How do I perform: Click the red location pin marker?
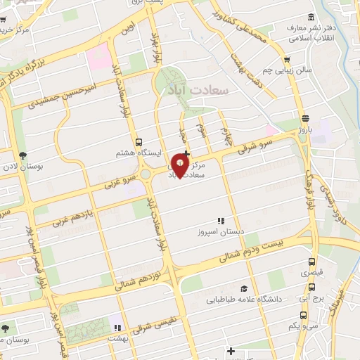180,166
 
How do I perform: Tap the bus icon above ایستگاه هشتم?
139,141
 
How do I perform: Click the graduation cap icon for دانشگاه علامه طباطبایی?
244,288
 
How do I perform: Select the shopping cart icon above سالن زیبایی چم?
286,60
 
